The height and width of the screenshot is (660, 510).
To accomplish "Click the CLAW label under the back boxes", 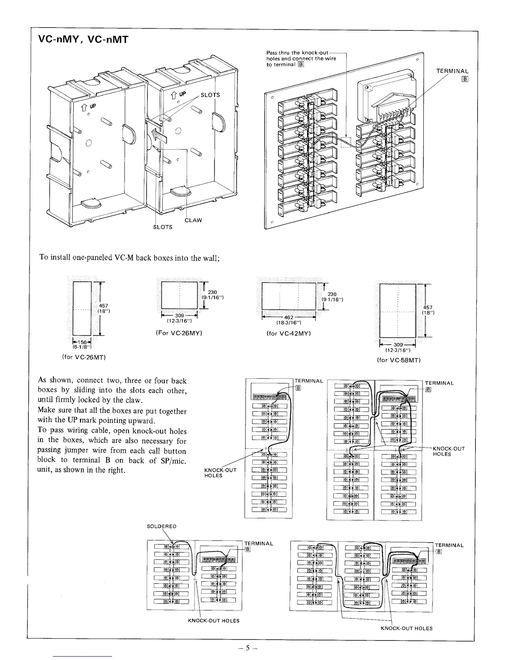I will click(193, 220).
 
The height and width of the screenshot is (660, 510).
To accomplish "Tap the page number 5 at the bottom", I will click(249, 648).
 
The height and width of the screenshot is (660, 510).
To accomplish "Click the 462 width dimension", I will click(288, 317).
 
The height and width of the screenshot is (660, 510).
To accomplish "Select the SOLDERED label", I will click(162, 526).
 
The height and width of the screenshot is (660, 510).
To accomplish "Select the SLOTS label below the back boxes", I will click(162, 227).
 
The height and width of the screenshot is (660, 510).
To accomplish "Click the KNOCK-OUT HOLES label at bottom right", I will click(407, 628).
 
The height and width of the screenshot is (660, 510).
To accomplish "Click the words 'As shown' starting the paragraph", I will click(55, 380).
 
